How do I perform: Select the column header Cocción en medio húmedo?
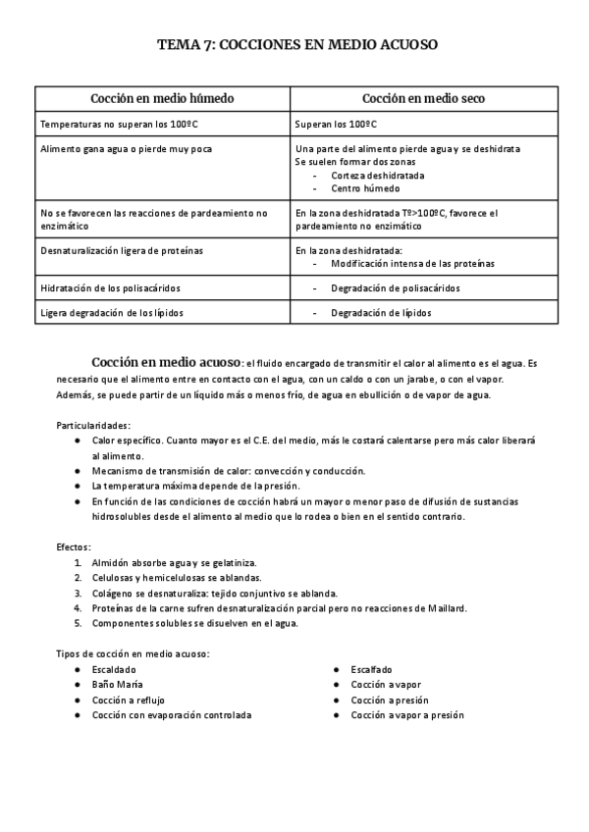[x=162, y=99]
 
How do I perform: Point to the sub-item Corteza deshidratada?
[x=378, y=175]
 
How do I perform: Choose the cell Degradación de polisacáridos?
[x=395, y=288]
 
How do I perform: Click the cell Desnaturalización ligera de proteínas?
[x=122, y=251]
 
